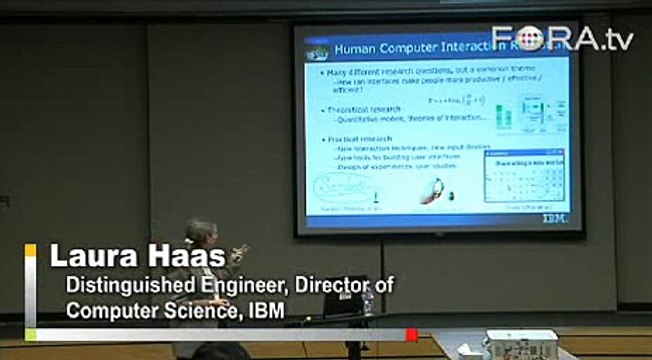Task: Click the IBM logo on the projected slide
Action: point(553,216)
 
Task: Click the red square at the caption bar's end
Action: point(411,334)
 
